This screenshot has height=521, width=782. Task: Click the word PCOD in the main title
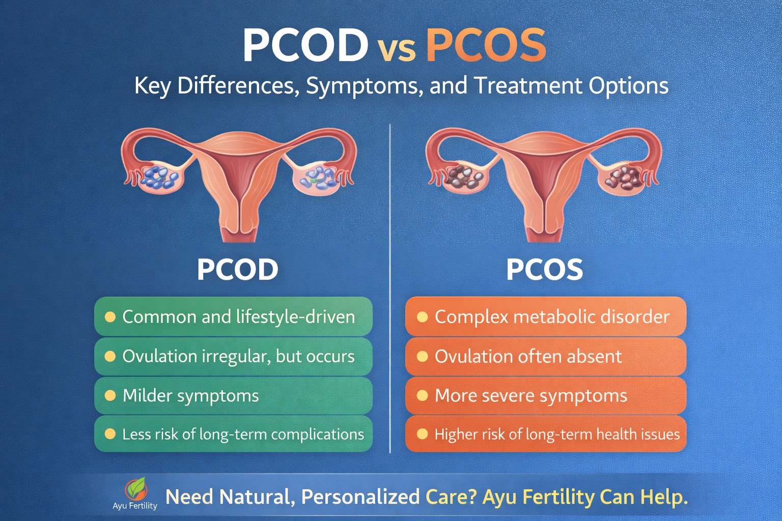click(305, 45)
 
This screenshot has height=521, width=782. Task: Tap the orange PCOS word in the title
click(486, 45)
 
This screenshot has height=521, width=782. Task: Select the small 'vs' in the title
click(396, 50)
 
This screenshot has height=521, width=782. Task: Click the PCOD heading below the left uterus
click(237, 270)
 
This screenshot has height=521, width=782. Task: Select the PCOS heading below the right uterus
click(544, 270)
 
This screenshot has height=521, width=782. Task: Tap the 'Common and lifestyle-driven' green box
click(233, 316)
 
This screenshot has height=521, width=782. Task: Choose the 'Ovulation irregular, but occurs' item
click(233, 356)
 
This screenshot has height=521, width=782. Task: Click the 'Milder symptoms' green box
click(233, 395)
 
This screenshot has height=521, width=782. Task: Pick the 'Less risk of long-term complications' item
click(233, 434)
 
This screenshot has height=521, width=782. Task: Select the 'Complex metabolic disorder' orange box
click(545, 316)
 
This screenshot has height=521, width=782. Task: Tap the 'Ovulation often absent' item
click(545, 356)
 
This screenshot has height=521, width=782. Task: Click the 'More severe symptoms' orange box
click(545, 395)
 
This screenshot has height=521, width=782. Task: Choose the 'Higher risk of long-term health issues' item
click(545, 434)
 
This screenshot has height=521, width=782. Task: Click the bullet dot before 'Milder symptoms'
click(110, 395)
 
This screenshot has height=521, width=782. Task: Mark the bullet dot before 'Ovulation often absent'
click(422, 356)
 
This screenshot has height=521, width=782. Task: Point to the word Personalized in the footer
click(360, 497)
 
